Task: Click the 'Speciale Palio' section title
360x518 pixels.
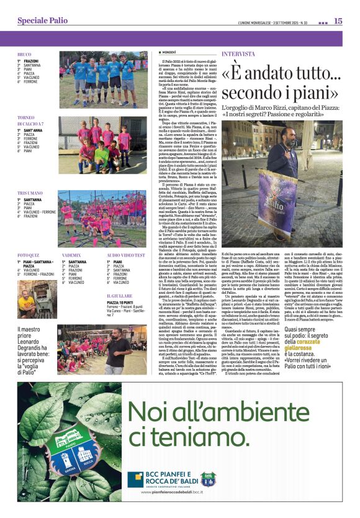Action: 42,20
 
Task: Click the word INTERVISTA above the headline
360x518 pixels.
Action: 238,54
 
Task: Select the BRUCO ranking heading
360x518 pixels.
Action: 24,55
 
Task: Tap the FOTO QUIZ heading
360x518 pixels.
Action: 29,255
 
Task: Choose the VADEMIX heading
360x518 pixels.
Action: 71,255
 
